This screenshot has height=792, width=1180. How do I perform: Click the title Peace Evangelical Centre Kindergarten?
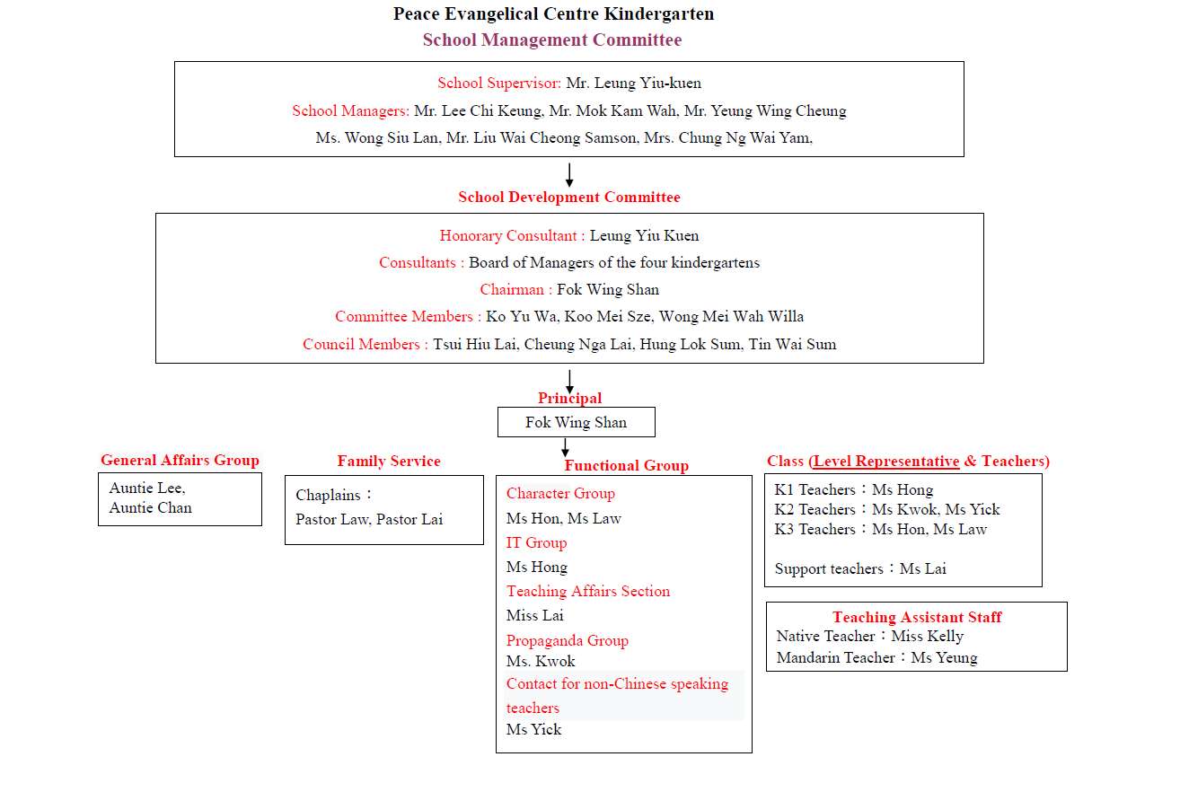(554, 14)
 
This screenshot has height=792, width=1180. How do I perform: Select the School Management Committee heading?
(552, 40)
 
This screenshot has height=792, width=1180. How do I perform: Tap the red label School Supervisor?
(499, 84)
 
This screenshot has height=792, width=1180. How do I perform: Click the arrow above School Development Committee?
(569, 175)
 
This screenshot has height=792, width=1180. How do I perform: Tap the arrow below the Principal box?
(565, 447)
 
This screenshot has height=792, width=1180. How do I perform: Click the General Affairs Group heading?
(181, 461)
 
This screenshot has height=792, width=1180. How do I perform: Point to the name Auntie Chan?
(151, 508)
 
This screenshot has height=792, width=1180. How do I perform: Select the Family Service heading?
(389, 462)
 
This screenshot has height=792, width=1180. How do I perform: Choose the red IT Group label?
(536, 543)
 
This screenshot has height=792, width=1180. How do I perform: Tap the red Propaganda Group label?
(568, 641)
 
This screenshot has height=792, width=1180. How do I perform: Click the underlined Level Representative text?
(886, 462)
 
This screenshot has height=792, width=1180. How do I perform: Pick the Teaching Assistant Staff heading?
(917, 617)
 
